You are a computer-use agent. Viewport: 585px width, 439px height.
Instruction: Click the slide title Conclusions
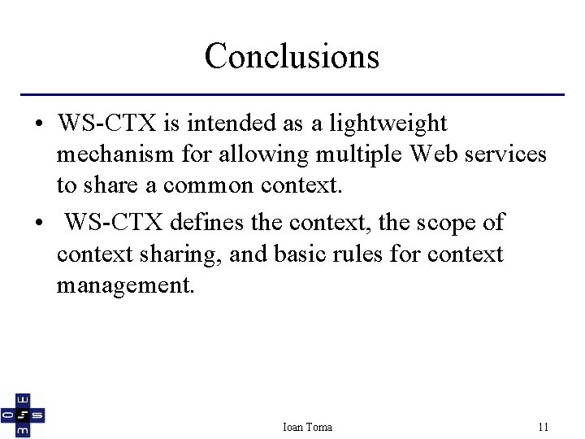coord(292,56)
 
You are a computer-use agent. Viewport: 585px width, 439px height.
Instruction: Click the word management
coord(126,285)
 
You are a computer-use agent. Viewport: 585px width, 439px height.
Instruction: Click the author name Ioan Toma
coord(307,427)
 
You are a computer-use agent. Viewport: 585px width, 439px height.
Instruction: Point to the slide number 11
coord(544,427)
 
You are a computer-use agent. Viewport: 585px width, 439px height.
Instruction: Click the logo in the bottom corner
coord(23,416)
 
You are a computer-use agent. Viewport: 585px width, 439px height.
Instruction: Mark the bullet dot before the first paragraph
coord(39,125)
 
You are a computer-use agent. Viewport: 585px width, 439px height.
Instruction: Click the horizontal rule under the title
coord(292,95)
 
